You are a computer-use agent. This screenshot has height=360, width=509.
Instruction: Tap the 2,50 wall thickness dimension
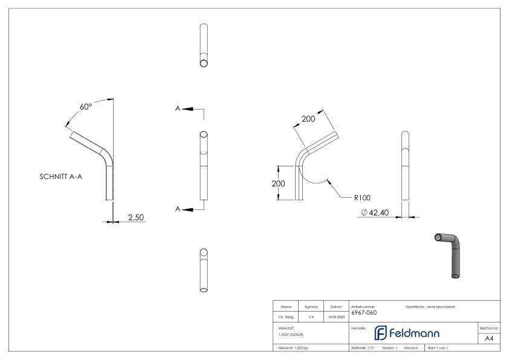[x=135, y=217]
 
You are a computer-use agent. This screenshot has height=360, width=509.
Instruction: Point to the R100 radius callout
[x=363, y=197]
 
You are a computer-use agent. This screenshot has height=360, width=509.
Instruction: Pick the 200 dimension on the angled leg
[x=308, y=119]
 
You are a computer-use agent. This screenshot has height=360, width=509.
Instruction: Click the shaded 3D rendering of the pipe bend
[x=451, y=254]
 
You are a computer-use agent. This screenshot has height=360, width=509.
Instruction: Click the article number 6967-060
[x=364, y=313]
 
